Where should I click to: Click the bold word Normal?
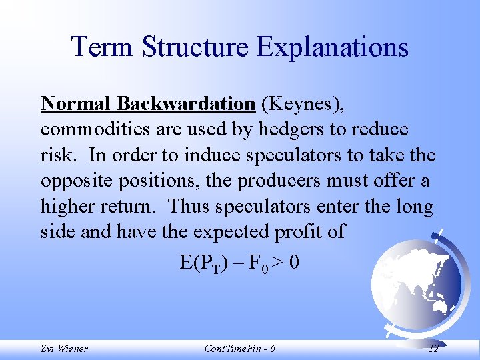point(76,104)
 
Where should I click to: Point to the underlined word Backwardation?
point(185,104)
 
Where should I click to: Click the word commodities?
point(91,130)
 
